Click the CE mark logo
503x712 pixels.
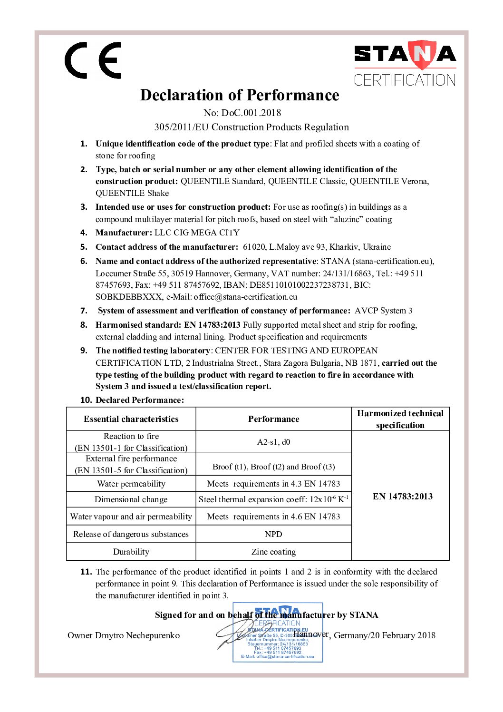[93, 60]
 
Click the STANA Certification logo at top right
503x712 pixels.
[405, 63]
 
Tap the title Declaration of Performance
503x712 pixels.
[240, 95]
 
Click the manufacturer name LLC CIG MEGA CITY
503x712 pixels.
[197, 233]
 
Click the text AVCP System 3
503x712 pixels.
[383, 311]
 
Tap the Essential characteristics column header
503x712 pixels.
[131, 419]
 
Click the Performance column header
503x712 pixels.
[273, 419]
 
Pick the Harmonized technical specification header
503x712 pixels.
[400, 419]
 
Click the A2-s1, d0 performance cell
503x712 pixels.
[273, 442]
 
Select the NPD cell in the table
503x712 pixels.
[273, 534]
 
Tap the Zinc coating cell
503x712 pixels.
[273, 552]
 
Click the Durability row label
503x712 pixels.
[131, 552]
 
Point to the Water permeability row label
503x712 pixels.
[131, 484]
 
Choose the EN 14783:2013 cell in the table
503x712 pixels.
[402, 497]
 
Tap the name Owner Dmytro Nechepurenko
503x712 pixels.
[124, 635]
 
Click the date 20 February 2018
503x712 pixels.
[406, 635]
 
